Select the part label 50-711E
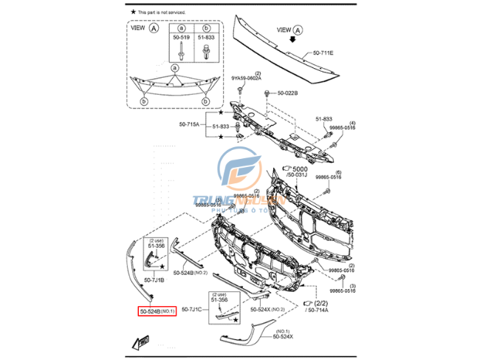click(323, 53)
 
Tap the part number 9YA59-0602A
click(247, 79)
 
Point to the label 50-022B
click(287, 92)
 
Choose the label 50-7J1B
click(154, 280)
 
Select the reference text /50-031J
click(296, 176)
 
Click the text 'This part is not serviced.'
click(162, 13)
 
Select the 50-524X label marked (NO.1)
click(282, 336)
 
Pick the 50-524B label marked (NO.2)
click(188, 273)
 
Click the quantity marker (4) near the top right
click(352, 122)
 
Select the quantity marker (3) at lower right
click(352, 285)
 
